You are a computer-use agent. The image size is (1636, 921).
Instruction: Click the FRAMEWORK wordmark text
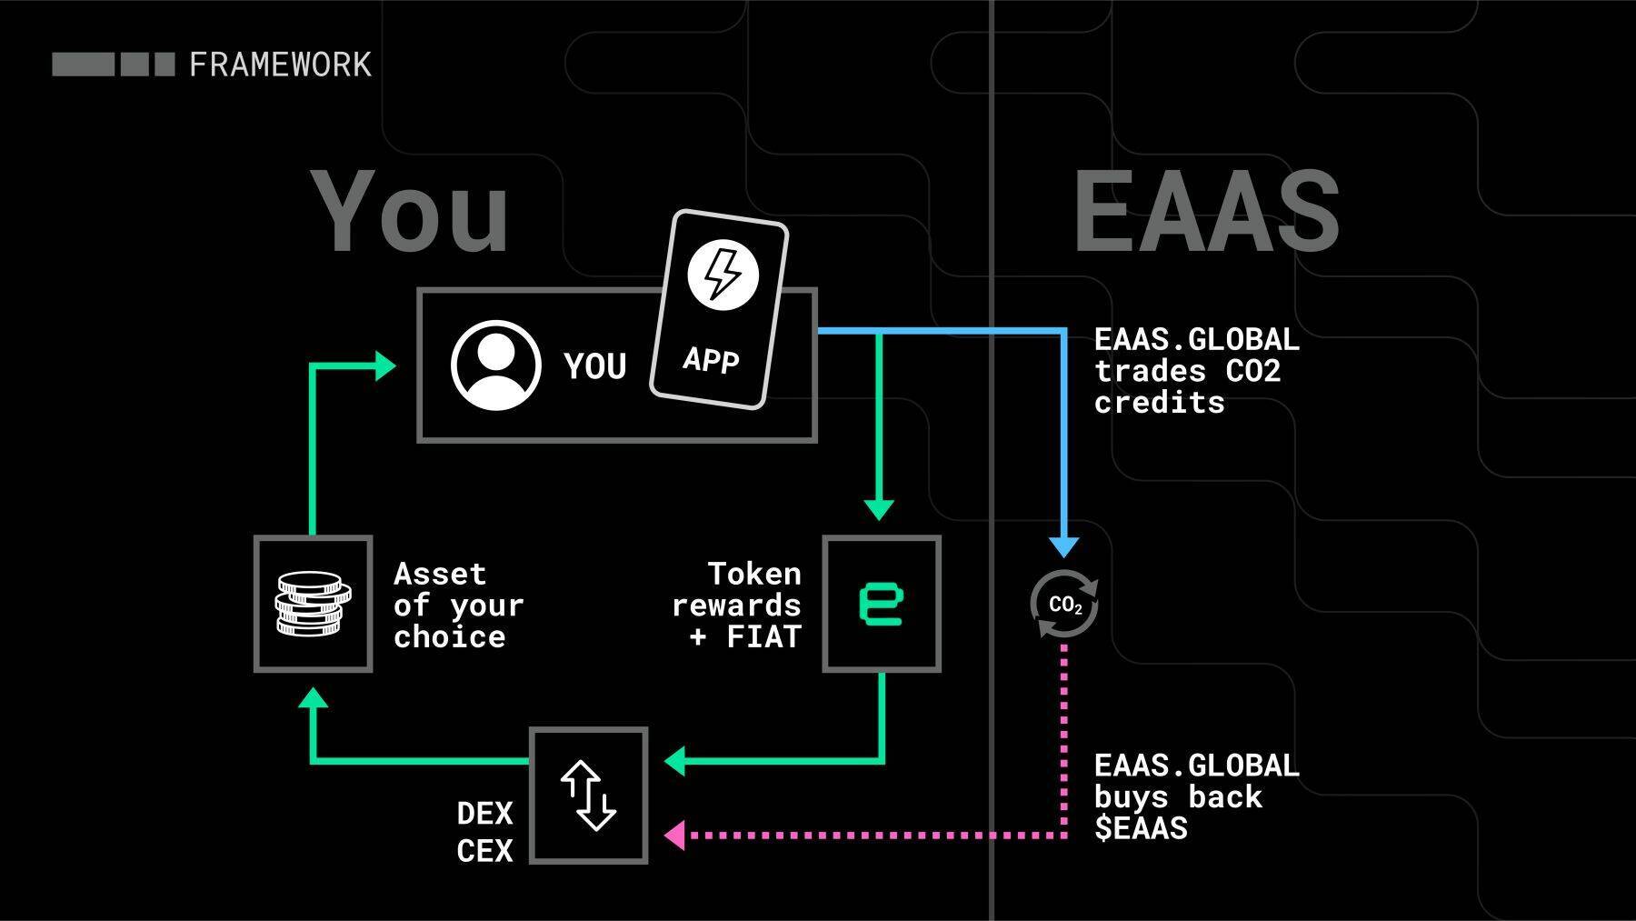tap(280, 65)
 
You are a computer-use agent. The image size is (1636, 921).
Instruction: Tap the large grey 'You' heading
tap(410, 212)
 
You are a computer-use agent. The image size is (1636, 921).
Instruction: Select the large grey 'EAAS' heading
tap(1206, 212)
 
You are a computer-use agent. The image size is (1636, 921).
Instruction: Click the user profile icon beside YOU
tap(496, 365)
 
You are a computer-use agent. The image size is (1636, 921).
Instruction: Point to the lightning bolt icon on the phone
tap(723, 274)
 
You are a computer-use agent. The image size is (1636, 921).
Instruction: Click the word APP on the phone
tap(711, 360)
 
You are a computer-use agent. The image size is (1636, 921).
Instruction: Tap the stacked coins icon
tap(313, 604)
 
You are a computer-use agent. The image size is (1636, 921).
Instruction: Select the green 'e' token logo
tap(881, 605)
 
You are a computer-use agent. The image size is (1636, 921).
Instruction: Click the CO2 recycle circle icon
tap(1064, 604)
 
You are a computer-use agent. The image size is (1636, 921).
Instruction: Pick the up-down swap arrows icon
tap(588, 796)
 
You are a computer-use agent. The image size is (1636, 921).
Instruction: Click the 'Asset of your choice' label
tap(458, 606)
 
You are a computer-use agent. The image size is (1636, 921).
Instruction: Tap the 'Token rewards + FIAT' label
tap(737, 606)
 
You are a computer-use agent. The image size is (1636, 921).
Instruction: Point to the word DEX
tap(484, 813)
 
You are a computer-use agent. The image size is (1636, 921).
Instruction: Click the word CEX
tap(484, 851)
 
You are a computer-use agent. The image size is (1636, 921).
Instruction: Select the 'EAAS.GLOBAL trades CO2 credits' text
tap(1196, 371)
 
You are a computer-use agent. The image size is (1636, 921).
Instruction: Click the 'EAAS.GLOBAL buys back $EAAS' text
tap(1196, 797)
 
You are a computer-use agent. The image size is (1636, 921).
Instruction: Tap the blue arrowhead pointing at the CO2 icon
tap(1064, 546)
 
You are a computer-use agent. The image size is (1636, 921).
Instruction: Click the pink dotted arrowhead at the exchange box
tap(675, 835)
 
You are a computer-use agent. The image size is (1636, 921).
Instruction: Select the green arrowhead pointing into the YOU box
tap(386, 366)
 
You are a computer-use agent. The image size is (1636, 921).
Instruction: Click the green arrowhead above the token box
tap(879, 509)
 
